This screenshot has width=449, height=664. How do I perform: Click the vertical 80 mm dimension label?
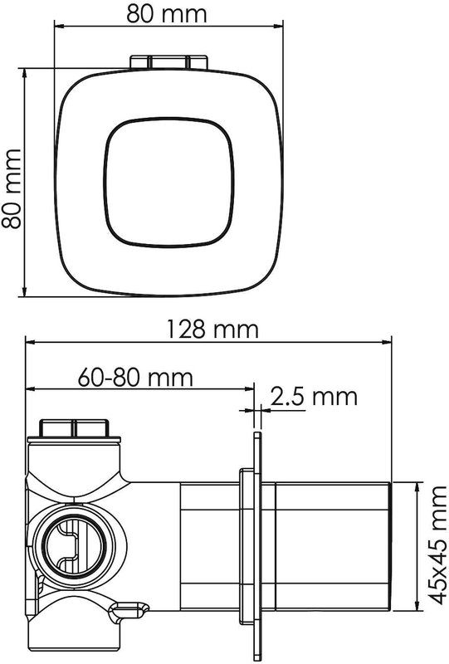coord(12,189)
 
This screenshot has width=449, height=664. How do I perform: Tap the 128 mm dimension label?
coord(212,329)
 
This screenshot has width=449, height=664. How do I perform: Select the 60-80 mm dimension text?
coord(135,377)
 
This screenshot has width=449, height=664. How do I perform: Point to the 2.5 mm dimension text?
coord(314,396)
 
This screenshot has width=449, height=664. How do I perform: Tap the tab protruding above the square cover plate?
coord(168,61)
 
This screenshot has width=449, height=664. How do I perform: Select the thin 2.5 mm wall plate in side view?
coord(257,546)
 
